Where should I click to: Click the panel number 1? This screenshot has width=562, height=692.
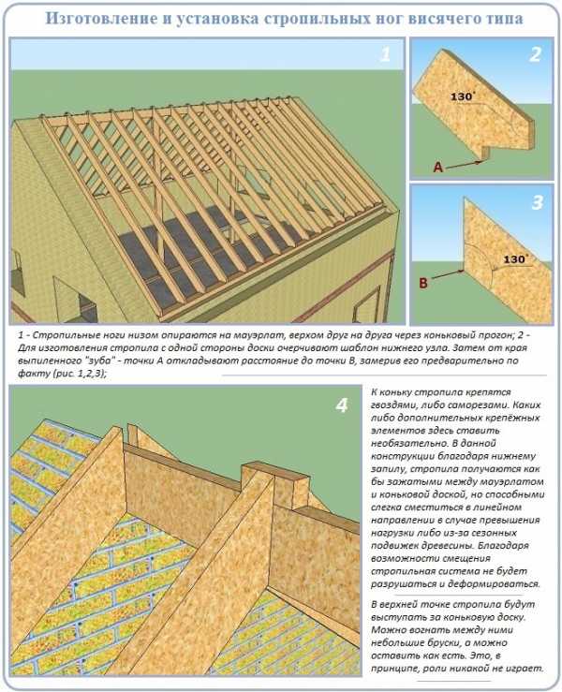385,54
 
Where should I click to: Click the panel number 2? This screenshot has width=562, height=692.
535,54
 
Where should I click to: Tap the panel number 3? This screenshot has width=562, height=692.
538,202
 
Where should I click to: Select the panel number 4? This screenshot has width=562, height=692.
342,405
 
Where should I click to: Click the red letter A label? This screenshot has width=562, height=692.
437,167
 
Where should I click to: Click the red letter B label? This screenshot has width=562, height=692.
423,283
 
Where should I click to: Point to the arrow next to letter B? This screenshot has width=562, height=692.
447,273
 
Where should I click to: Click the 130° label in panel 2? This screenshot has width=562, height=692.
462,96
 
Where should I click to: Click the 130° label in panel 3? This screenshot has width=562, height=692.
516,259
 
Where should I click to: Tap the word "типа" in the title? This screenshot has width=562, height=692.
507,19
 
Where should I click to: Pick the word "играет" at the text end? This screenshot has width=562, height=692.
526,669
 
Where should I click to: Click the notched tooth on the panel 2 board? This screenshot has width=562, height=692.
485,153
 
